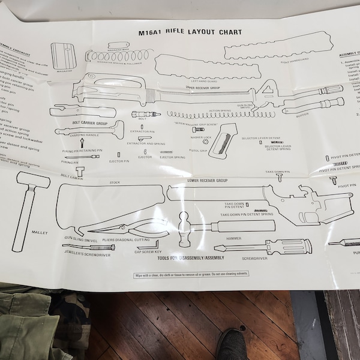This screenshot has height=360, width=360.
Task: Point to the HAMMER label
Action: point(234,238)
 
